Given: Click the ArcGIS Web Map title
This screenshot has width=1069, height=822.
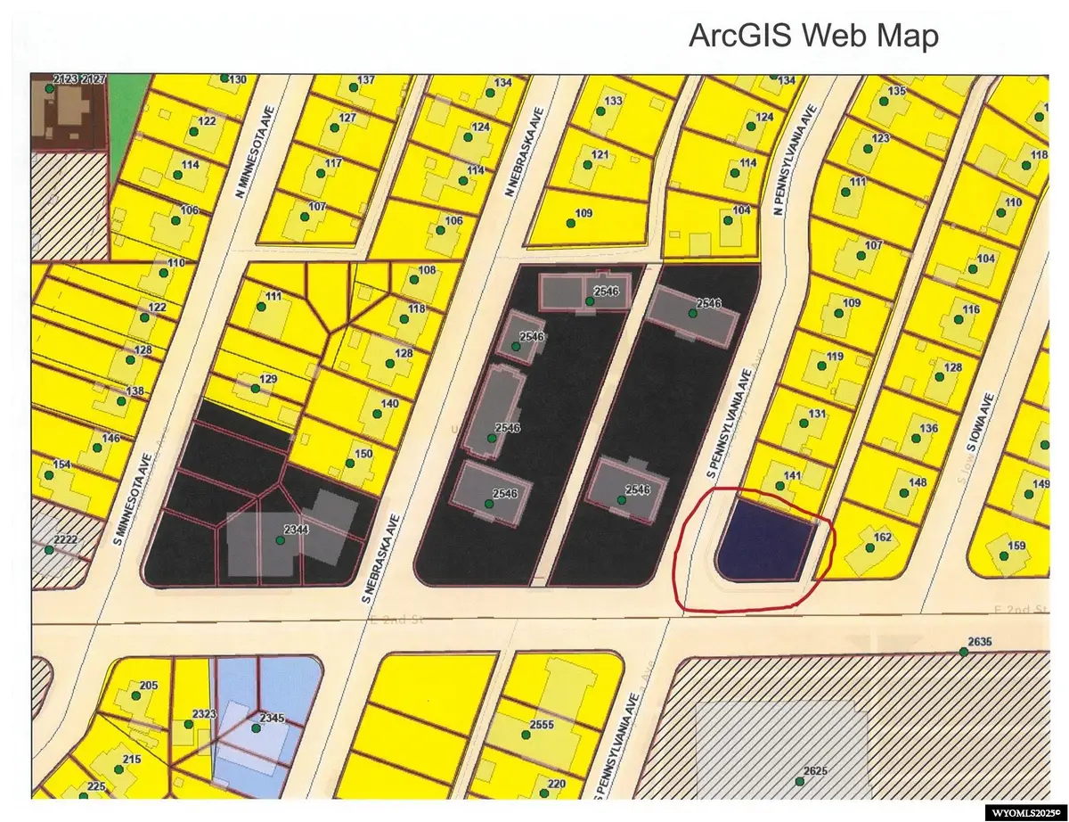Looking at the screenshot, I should click(x=812, y=37).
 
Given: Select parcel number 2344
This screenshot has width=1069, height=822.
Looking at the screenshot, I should click(x=296, y=530).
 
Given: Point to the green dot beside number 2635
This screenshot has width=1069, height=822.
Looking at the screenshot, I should click(x=964, y=653).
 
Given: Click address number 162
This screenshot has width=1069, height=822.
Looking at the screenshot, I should click(x=883, y=538).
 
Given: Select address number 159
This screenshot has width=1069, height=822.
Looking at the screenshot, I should click(x=1016, y=547).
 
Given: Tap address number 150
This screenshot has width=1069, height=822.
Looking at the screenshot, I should click(x=363, y=454).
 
